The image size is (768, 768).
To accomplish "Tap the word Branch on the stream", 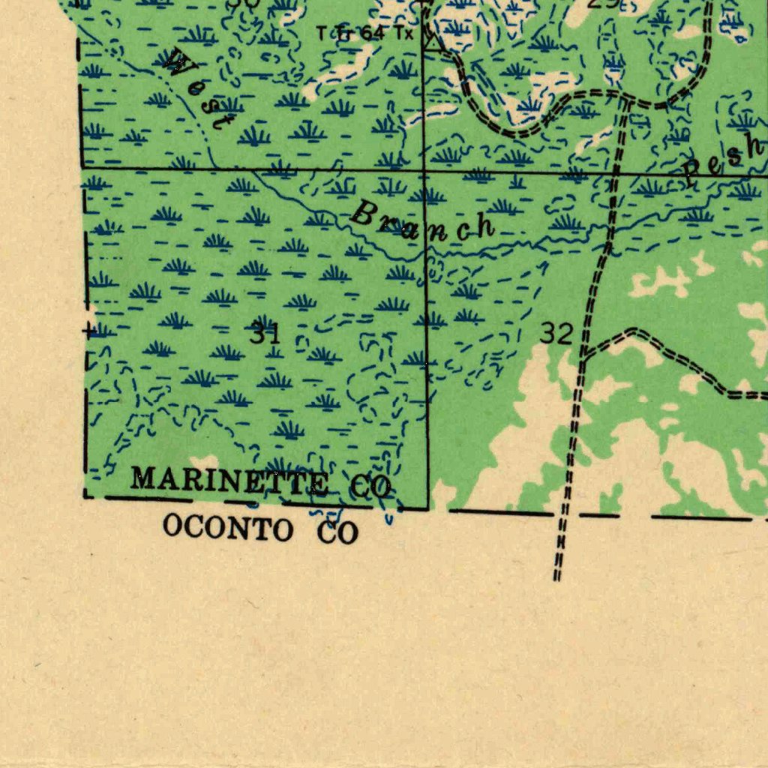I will (421, 223).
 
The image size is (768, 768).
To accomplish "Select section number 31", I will (265, 332).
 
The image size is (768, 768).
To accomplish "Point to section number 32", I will (556, 334).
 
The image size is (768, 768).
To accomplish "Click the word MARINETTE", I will (229, 481).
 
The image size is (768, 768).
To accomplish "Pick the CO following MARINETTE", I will (370, 487).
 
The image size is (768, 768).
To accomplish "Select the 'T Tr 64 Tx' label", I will (364, 34).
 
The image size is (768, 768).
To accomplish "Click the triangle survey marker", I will (433, 42).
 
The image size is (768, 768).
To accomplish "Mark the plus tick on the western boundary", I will (89, 330).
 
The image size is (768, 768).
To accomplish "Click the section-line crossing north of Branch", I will (424, 172).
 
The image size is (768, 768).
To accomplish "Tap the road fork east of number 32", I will (583, 354).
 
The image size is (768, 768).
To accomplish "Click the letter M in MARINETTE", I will (142, 477).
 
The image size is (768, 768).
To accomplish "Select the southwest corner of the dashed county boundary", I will (85, 495).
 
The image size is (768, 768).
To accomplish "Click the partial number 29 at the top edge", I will (603, 3).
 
